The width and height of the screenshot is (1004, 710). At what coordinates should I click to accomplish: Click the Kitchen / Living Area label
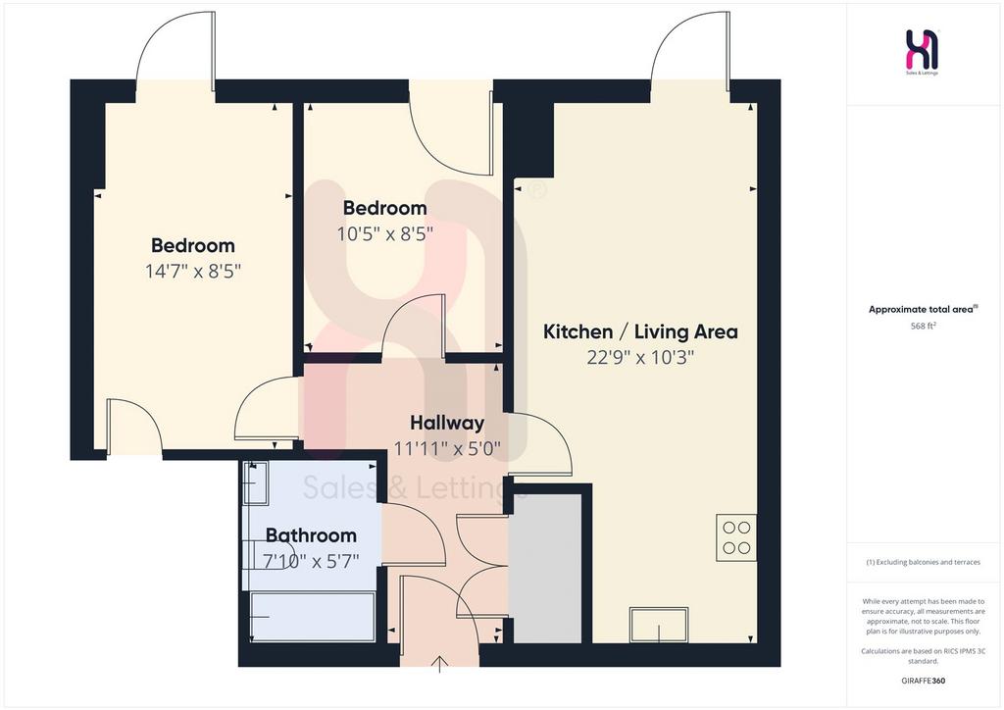640,331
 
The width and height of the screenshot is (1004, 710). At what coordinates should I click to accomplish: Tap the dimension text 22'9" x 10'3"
640,357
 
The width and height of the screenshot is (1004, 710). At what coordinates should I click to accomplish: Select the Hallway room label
447,424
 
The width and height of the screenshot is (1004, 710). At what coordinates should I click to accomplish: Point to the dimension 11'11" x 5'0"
447,448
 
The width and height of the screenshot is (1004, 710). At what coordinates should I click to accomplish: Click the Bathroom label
311,535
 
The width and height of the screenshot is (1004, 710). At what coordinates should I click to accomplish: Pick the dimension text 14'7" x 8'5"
193,272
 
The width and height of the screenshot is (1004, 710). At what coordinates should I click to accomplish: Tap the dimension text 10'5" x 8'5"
384,233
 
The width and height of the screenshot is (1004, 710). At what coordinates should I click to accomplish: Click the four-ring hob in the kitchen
735,537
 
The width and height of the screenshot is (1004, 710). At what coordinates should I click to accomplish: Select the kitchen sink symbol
659,625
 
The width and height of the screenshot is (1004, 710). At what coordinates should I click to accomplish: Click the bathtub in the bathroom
313,617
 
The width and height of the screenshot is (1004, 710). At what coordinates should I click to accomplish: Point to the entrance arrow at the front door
440,665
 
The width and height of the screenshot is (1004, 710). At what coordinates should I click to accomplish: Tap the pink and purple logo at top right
923,50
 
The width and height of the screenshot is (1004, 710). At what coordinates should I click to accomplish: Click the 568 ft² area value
924,326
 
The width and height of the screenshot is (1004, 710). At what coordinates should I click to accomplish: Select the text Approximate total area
921,309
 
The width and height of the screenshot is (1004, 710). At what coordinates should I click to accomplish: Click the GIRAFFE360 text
924,681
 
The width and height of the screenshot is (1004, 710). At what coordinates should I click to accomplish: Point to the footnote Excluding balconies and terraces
924,562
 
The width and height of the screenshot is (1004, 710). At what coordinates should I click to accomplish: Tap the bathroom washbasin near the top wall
256,483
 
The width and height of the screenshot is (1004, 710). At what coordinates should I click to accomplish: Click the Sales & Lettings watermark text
414,488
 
